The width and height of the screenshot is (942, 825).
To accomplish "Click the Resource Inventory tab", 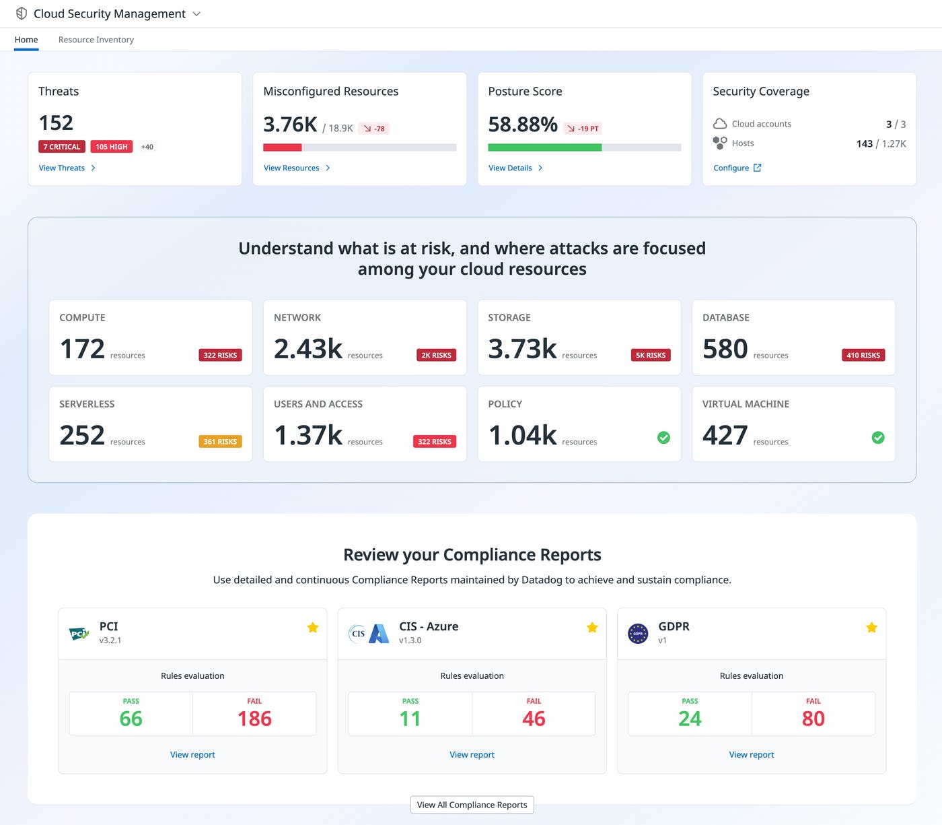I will [96, 40].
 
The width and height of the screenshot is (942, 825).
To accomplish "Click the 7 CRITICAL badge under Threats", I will [62, 147].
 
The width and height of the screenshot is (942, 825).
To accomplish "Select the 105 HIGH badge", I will [111, 147].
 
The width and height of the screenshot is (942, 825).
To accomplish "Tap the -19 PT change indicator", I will [583, 129].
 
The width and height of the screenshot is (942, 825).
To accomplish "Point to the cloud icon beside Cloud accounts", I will [720, 124].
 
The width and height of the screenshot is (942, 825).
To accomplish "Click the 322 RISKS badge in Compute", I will [220, 355].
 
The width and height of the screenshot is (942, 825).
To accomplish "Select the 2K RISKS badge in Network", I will [436, 355].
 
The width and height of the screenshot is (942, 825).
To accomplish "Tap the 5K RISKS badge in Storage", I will [651, 355].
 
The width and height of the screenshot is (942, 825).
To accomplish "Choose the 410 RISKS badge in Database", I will [863, 355].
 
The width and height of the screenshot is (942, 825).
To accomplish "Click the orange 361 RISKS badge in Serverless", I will [220, 442].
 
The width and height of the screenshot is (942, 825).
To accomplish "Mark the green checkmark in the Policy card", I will [663, 438].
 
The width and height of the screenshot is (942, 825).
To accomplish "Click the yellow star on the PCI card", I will [313, 628].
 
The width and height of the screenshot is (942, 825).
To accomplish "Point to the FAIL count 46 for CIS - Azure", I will [534, 719].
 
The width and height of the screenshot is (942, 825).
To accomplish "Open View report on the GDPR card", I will [751, 754].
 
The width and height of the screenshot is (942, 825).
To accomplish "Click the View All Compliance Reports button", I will [472, 805].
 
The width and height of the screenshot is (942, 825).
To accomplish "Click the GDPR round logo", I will [638, 633].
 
